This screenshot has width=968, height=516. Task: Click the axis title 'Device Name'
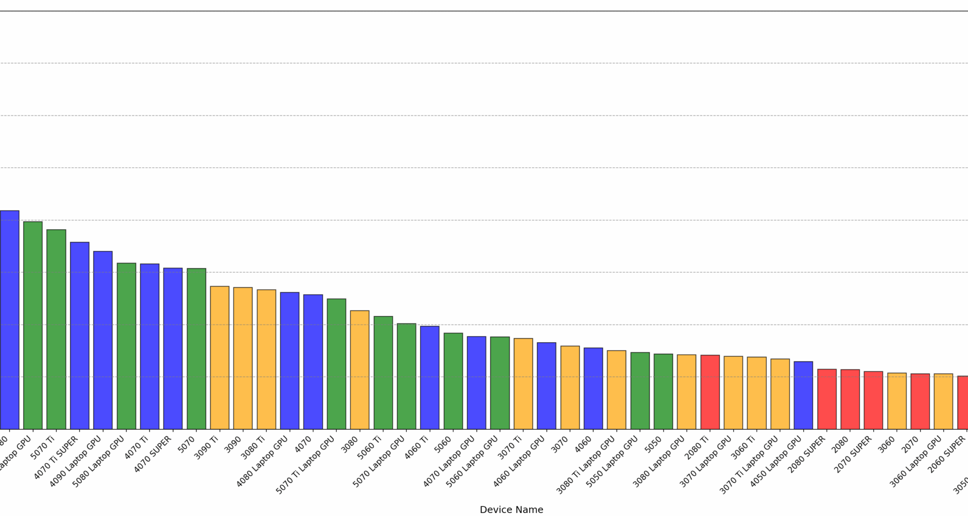pyautogui.click(x=511, y=509)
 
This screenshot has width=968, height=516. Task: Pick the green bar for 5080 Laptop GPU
pyautogui.click(x=126, y=346)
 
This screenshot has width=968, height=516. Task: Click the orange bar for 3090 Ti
pyautogui.click(x=219, y=357)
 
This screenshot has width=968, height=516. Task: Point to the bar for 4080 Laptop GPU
pyautogui.click(x=289, y=360)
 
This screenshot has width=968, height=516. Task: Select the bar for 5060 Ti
pyautogui.click(x=383, y=372)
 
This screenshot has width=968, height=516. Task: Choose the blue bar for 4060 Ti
pyautogui.click(x=430, y=377)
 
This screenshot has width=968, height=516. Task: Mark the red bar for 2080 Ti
pyautogui.click(x=710, y=392)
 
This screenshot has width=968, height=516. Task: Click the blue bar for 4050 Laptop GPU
pyautogui.click(x=803, y=395)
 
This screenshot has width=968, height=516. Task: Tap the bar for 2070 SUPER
pyautogui.click(x=873, y=400)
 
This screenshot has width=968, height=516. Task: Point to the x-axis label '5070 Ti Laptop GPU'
pyautogui.click(x=306, y=464)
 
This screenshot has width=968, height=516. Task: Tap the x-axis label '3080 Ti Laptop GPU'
pyautogui.click(x=586, y=464)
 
